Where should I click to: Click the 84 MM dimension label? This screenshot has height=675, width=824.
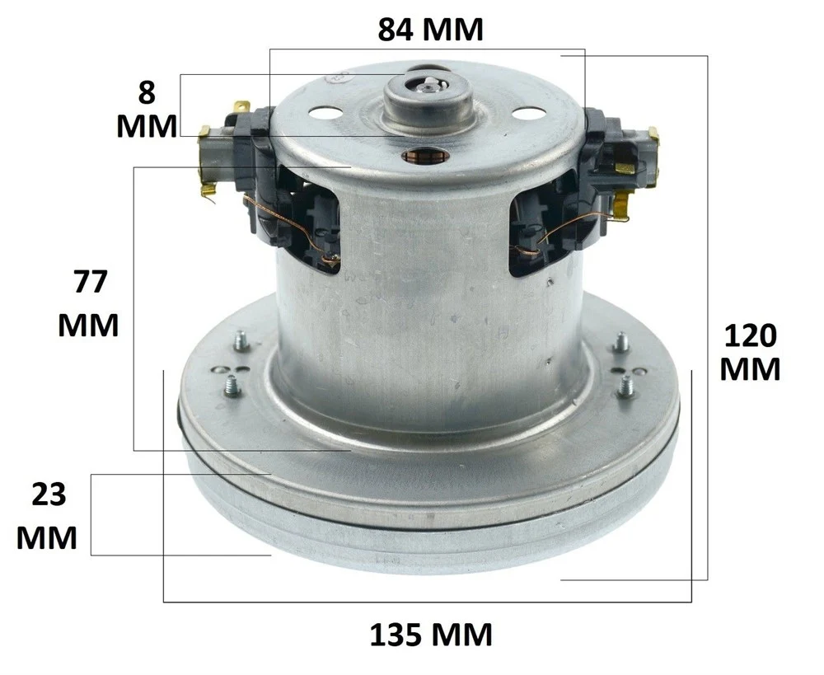430,30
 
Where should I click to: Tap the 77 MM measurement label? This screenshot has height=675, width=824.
89,303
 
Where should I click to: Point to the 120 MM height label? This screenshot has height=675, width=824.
750,352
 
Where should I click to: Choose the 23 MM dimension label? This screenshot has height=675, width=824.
48,516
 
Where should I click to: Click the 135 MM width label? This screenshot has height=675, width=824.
431,635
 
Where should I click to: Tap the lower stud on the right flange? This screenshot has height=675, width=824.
627,383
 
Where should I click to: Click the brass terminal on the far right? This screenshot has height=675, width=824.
653,137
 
